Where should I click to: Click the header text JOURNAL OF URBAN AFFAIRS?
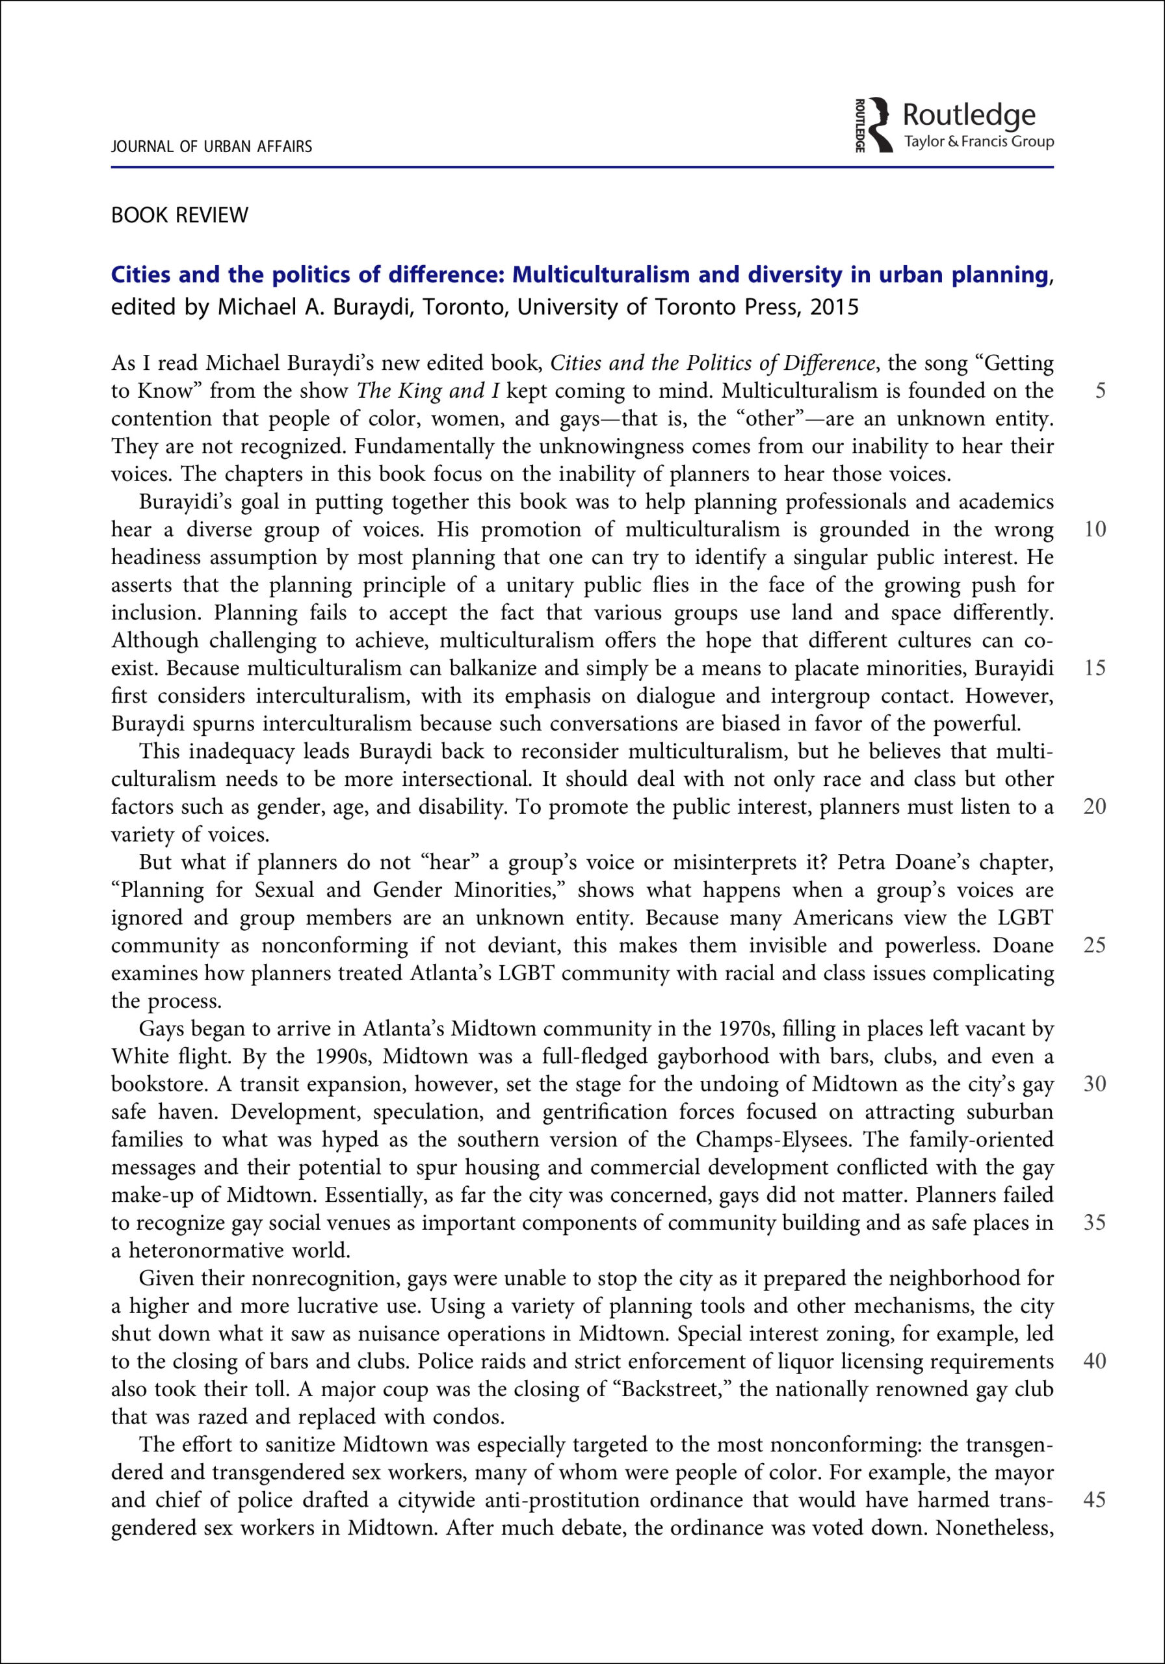[x=211, y=146]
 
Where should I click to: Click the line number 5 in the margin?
[x=1100, y=391]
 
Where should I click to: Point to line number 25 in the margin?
[x=1094, y=945]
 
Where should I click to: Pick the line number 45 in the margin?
[x=1094, y=1500]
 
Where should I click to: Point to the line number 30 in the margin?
[x=1094, y=1084]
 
